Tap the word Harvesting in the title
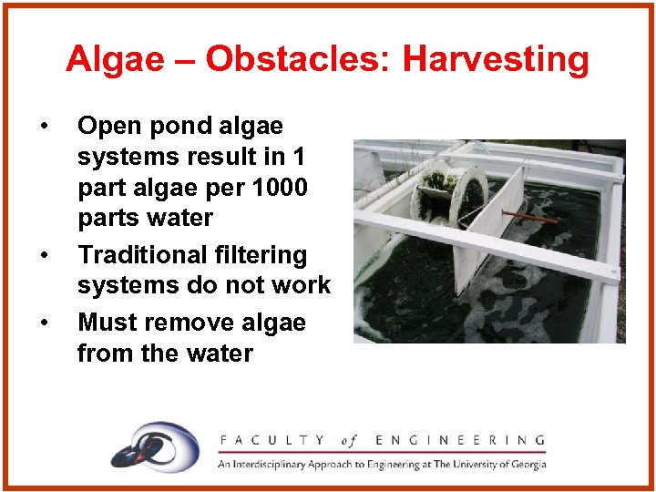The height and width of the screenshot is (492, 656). pos(496,60)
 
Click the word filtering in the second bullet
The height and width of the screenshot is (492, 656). pos(263,255)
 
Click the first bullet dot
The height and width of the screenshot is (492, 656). pos(44,125)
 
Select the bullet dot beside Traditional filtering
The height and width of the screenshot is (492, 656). pos(44,254)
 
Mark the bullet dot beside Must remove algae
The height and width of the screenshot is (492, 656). pos(44,322)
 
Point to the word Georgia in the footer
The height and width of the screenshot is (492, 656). pos(526,464)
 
